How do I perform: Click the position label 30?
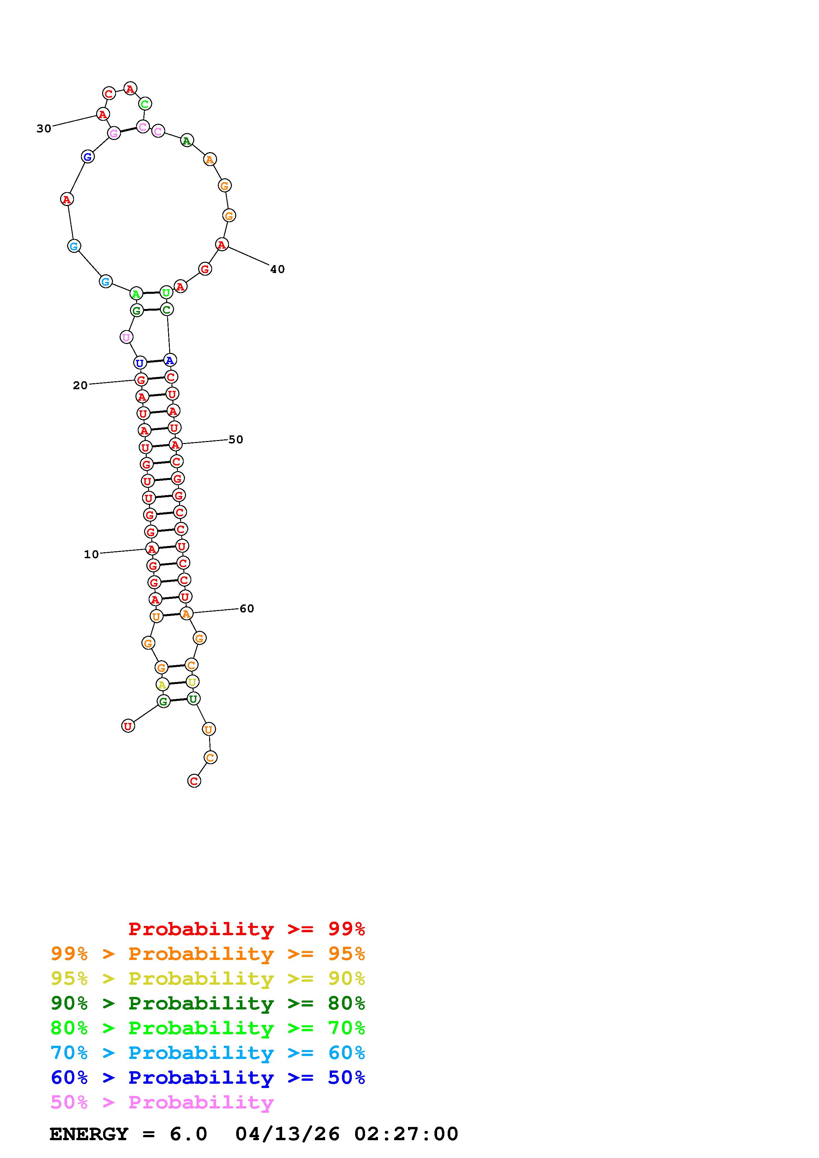[x=44, y=129]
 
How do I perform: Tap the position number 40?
[x=278, y=269]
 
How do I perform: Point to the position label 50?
[x=236, y=439]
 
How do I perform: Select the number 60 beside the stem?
[x=247, y=609]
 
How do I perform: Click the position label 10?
[x=91, y=554]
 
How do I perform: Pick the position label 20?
[x=80, y=385]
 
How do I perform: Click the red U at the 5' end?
[x=128, y=726]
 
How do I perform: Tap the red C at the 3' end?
[x=194, y=781]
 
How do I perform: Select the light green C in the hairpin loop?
[x=145, y=104]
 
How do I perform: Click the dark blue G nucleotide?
[x=88, y=156]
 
